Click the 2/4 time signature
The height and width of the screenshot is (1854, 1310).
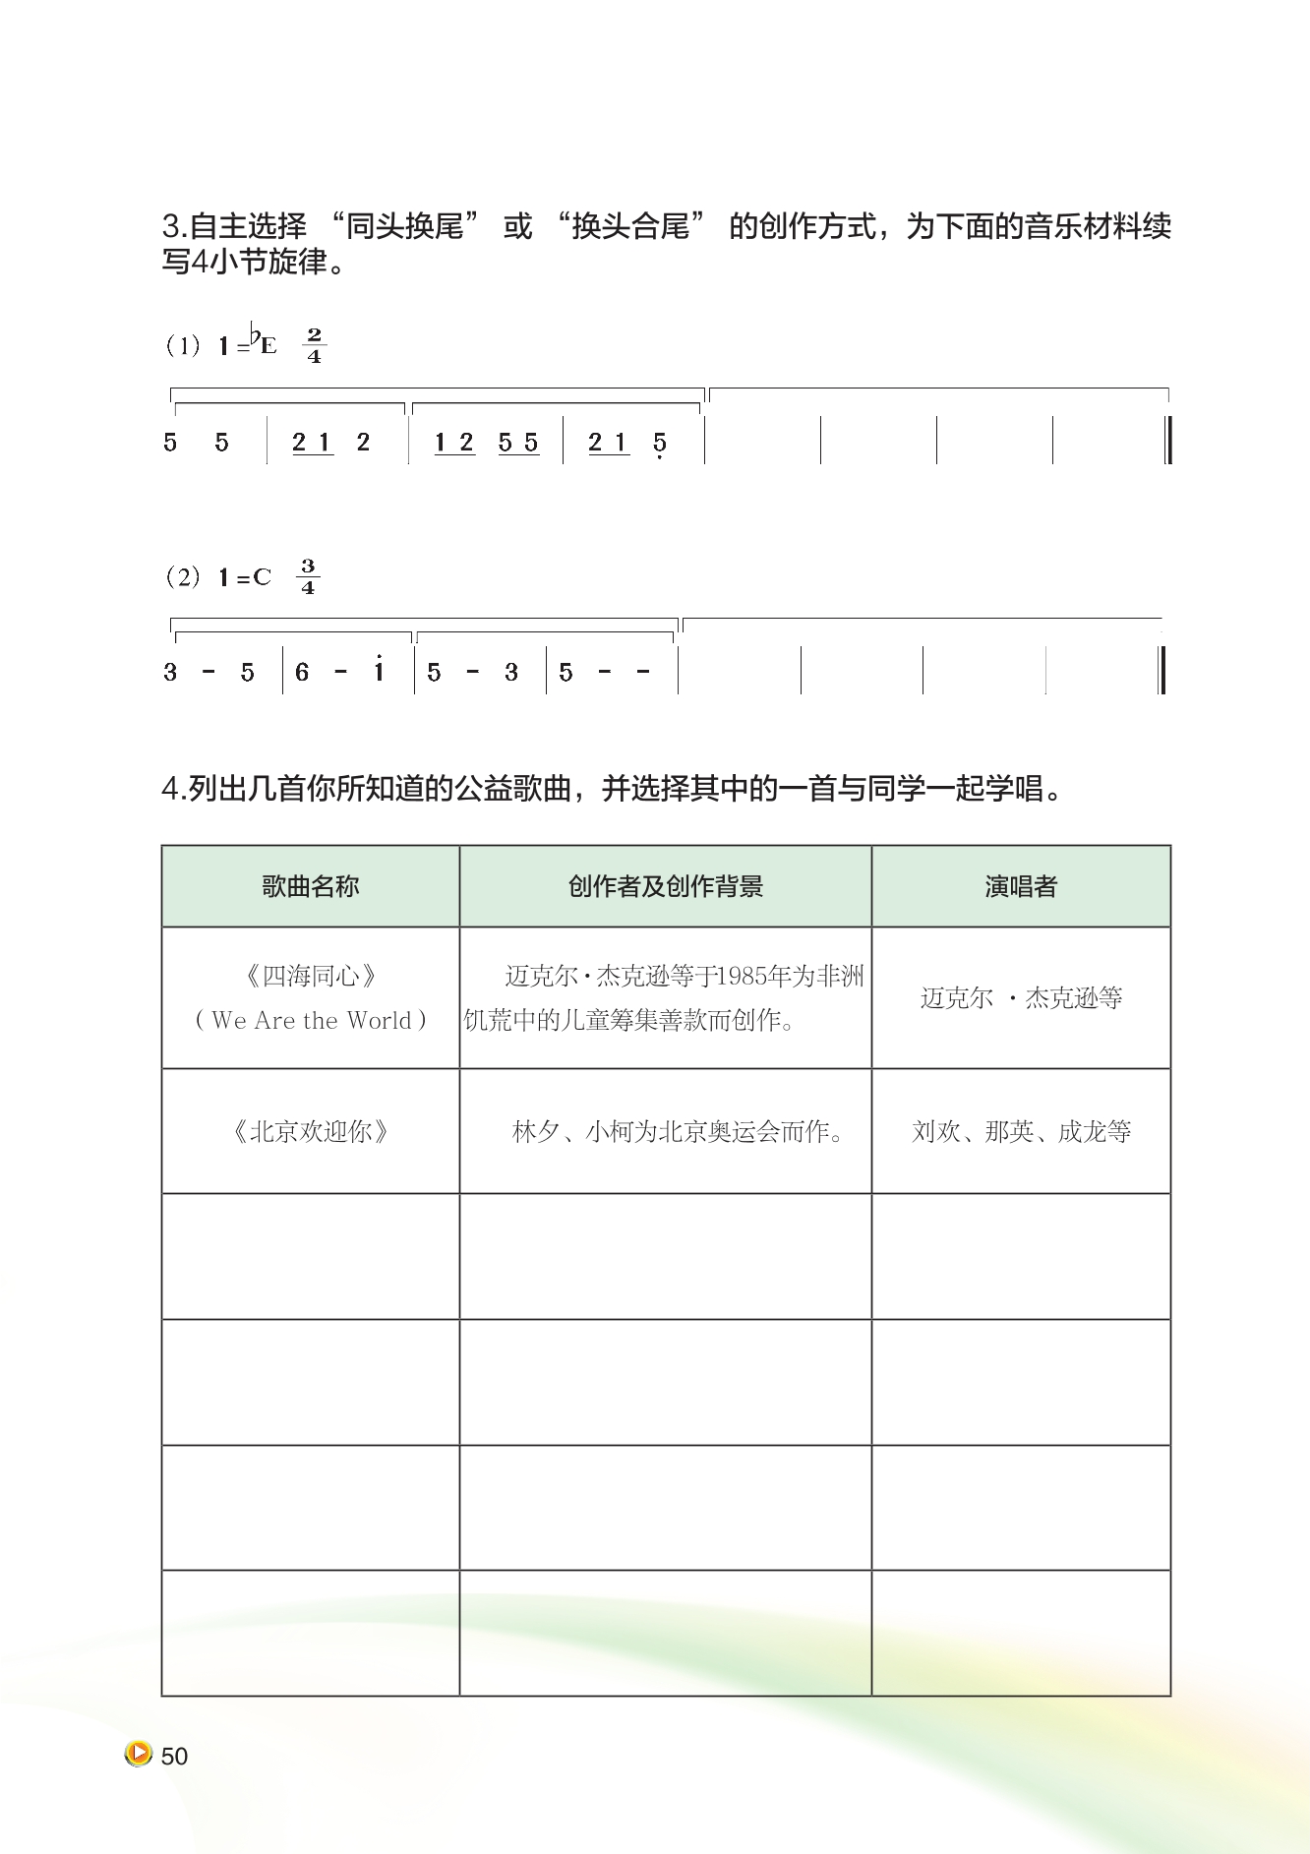(x=314, y=345)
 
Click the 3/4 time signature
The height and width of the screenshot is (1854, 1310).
(x=308, y=576)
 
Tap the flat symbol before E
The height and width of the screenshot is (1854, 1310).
(x=254, y=336)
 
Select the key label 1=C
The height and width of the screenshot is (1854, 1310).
(x=245, y=577)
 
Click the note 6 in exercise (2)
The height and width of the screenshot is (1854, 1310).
(x=302, y=673)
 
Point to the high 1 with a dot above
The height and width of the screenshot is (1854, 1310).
(x=379, y=670)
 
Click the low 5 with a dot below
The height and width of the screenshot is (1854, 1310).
(x=659, y=445)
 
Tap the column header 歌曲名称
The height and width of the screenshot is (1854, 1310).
(x=310, y=887)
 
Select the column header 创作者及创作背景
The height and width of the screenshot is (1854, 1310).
(x=665, y=887)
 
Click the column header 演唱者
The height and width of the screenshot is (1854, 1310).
(x=1020, y=887)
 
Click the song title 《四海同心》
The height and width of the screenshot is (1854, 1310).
(x=310, y=977)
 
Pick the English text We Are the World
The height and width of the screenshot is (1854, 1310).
(x=310, y=1021)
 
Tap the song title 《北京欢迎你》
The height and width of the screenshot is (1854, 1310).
(x=310, y=1132)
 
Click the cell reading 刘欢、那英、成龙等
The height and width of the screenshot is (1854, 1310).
(x=1021, y=1132)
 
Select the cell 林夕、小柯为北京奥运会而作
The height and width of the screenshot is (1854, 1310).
(x=678, y=1132)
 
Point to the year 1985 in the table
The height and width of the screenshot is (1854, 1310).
(x=740, y=977)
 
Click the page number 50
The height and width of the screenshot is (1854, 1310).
(x=174, y=1757)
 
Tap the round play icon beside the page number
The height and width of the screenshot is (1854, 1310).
(x=138, y=1754)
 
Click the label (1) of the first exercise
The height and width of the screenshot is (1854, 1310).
(x=182, y=346)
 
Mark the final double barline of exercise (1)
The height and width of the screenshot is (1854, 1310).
(x=1167, y=441)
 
